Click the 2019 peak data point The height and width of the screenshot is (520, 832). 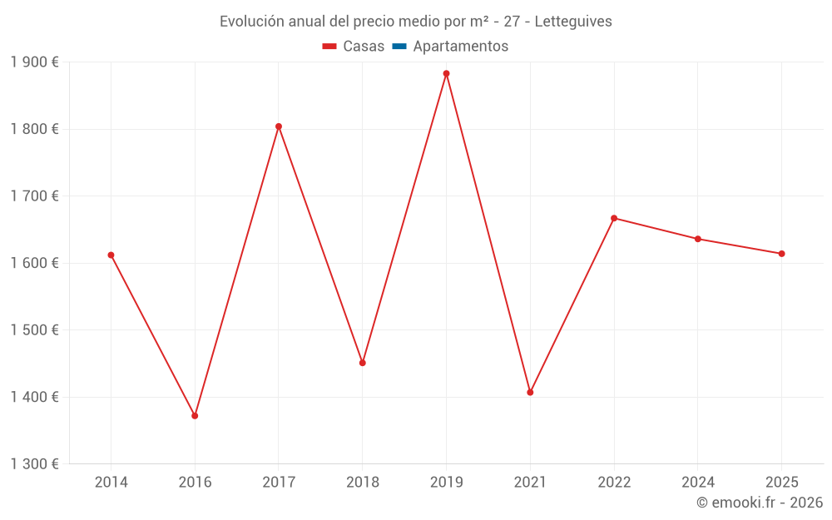click(446, 73)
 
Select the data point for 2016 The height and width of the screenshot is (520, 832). click(195, 415)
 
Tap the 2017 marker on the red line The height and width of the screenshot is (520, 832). click(279, 126)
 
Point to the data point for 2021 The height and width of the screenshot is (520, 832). click(530, 392)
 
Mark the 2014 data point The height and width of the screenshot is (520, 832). click(111, 255)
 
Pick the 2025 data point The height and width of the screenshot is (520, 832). click(781, 254)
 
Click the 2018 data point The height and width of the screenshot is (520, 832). click(362, 363)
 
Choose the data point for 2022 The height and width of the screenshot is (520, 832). click(614, 218)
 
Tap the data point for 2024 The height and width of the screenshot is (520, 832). click(697, 239)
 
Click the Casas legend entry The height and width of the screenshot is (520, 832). click(354, 47)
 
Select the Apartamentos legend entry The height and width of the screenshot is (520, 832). click(450, 47)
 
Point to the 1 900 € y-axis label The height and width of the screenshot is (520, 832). click(35, 62)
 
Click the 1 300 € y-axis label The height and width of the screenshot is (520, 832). click(35, 464)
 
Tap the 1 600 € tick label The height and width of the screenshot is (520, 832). click(35, 263)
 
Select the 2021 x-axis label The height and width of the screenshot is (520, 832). click(530, 483)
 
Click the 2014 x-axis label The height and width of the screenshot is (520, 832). click(111, 483)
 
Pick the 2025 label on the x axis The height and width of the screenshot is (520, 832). click(781, 483)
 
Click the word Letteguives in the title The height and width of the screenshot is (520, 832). click(573, 22)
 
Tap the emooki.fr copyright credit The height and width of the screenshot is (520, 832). click(760, 503)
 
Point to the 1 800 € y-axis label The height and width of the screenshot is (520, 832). click(35, 129)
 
